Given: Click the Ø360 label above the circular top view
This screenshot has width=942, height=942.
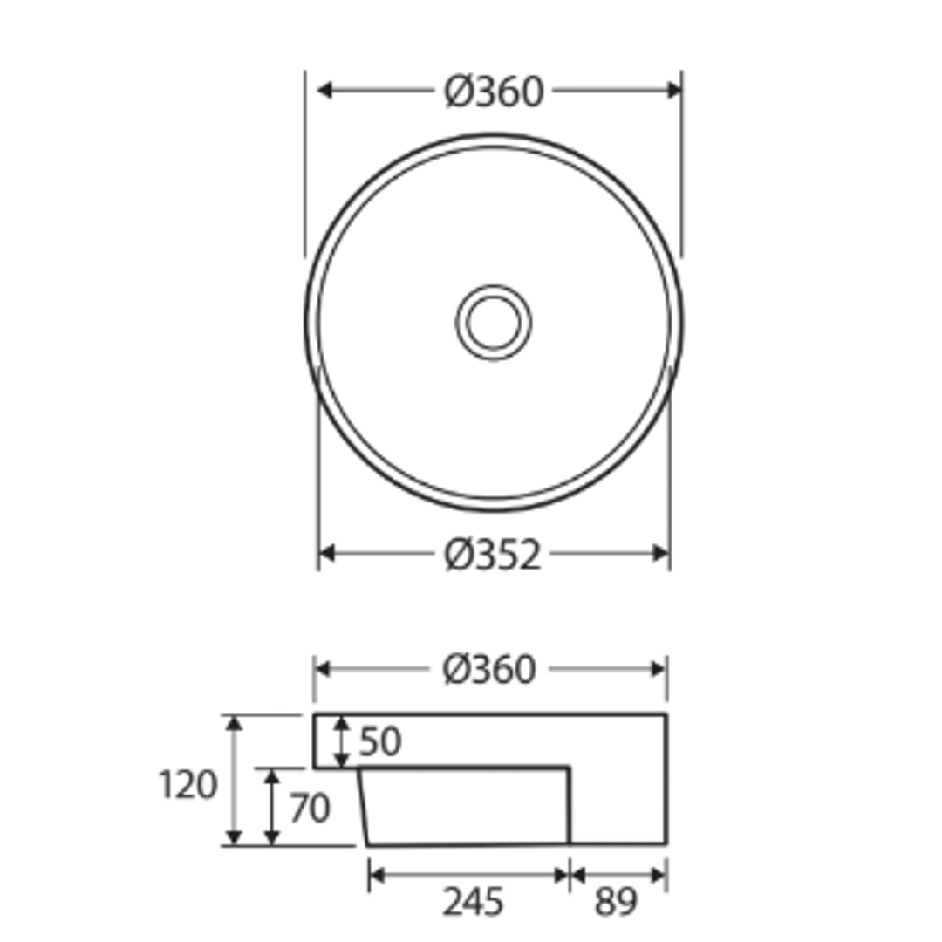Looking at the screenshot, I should tap(494, 92).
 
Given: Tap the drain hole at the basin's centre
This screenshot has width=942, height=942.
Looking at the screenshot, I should tap(494, 322).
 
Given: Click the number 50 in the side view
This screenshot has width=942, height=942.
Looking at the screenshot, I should tap(379, 741).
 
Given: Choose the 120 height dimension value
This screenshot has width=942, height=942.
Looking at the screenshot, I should tap(188, 786).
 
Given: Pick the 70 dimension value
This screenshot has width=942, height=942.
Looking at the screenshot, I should tap(310, 809).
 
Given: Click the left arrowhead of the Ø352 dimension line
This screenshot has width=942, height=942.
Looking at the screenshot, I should tap(327, 553).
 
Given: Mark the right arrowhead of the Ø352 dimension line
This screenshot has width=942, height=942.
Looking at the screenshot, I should tap(661, 553).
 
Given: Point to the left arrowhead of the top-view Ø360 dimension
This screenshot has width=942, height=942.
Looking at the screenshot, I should tap(324, 90).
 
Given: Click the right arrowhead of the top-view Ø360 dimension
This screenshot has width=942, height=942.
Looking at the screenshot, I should tap(674, 90).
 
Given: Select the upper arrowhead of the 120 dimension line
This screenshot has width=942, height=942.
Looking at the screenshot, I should tap(234, 722).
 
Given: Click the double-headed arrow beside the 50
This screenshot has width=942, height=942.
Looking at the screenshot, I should tap(342, 741).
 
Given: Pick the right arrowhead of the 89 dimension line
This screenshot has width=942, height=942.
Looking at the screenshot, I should tap(659, 875).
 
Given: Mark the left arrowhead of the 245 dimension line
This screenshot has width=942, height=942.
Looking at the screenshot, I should tap(377, 875).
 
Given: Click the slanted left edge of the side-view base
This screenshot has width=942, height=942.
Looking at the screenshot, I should tap(364, 807).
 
